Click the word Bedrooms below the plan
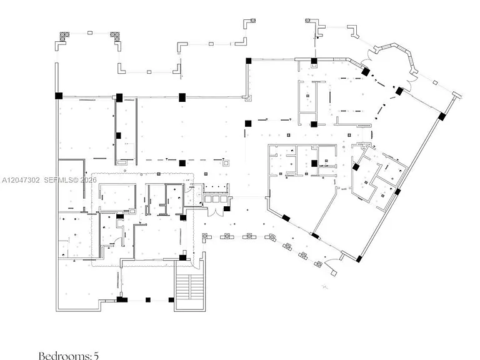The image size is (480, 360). pyautogui.click(x=65, y=356)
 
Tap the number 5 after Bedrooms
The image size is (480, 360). pyautogui.click(x=96, y=356)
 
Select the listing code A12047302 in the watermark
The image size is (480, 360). pyautogui.click(x=21, y=180)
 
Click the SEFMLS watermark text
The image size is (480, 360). pyautogui.click(x=57, y=180)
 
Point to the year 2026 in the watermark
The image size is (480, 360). pyautogui.click(x=89, y=180)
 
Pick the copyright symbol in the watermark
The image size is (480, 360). pyautogui.click(x=76, y=180)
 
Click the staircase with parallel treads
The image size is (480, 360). pyautogui.click(x=190, y=287)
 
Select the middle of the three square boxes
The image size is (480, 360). pyautogui.click(x=216, y=199)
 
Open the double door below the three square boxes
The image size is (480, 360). pyautogui.click(x=216, y=211)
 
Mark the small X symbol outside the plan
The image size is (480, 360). pyautogui.click(x=325, y=287)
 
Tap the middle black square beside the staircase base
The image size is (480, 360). pyautogui.click(x=148, y=300)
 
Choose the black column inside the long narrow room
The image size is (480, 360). pyautogui.click(x=119, y=135)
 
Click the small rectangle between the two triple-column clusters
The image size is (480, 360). pyautogui.click(x=90, y=32)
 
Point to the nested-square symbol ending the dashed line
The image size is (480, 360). pyautogui.click(x=226, y=163)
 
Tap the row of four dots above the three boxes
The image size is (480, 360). pyautogui.click(x=216, y=189)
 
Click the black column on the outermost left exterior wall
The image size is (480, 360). pyautogui.click(x=59, y=96)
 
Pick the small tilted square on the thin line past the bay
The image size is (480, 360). pyautogui.click(x=435, y=82)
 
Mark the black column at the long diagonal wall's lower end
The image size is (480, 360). pyautogui.click(x=359, y=259)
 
